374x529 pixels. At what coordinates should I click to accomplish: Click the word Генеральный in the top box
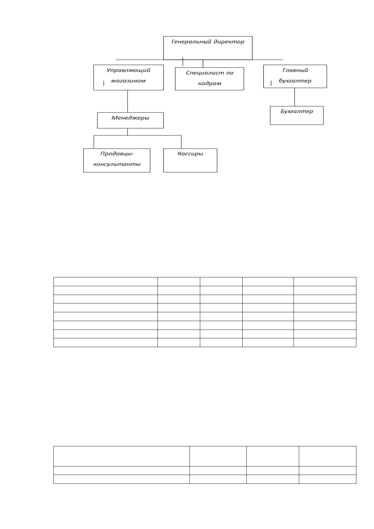(191, 42)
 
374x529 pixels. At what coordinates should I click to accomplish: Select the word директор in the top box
(229, 42)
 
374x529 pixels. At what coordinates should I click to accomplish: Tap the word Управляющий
(128, 70)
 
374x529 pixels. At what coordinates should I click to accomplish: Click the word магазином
(128, 81)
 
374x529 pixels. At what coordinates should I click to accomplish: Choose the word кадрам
(210, 83)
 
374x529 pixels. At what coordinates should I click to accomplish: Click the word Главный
(295, 70)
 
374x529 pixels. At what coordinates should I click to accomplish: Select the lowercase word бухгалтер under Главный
(295, 81)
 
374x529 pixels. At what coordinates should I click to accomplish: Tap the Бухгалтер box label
(297, 111)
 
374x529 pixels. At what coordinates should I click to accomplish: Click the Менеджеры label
(130, 118)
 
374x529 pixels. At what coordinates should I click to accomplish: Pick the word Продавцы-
(117, 154)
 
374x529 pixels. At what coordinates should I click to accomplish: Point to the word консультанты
(117, 164)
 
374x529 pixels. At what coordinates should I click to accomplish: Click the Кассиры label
(190, 154)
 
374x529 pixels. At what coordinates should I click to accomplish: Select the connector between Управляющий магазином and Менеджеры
(128, 101)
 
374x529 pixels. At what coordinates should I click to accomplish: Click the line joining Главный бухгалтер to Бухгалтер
(294, 97)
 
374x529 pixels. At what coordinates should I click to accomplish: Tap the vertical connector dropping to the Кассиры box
(181, 142)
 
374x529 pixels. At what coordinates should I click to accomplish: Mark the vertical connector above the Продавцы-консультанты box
(94, 142)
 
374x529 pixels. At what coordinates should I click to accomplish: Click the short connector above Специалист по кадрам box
(203, 64)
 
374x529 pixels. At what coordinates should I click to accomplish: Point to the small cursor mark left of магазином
(104, 83)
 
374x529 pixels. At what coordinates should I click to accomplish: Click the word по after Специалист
(230, 73)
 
